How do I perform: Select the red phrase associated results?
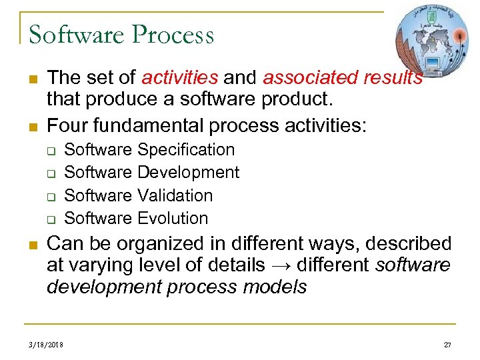tap(343, 78)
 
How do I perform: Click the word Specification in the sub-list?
tap(186, 150)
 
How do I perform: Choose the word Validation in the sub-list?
tap(175, 195)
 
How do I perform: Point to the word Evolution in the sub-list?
tap(173, 218)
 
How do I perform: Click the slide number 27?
tap(447, 345)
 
